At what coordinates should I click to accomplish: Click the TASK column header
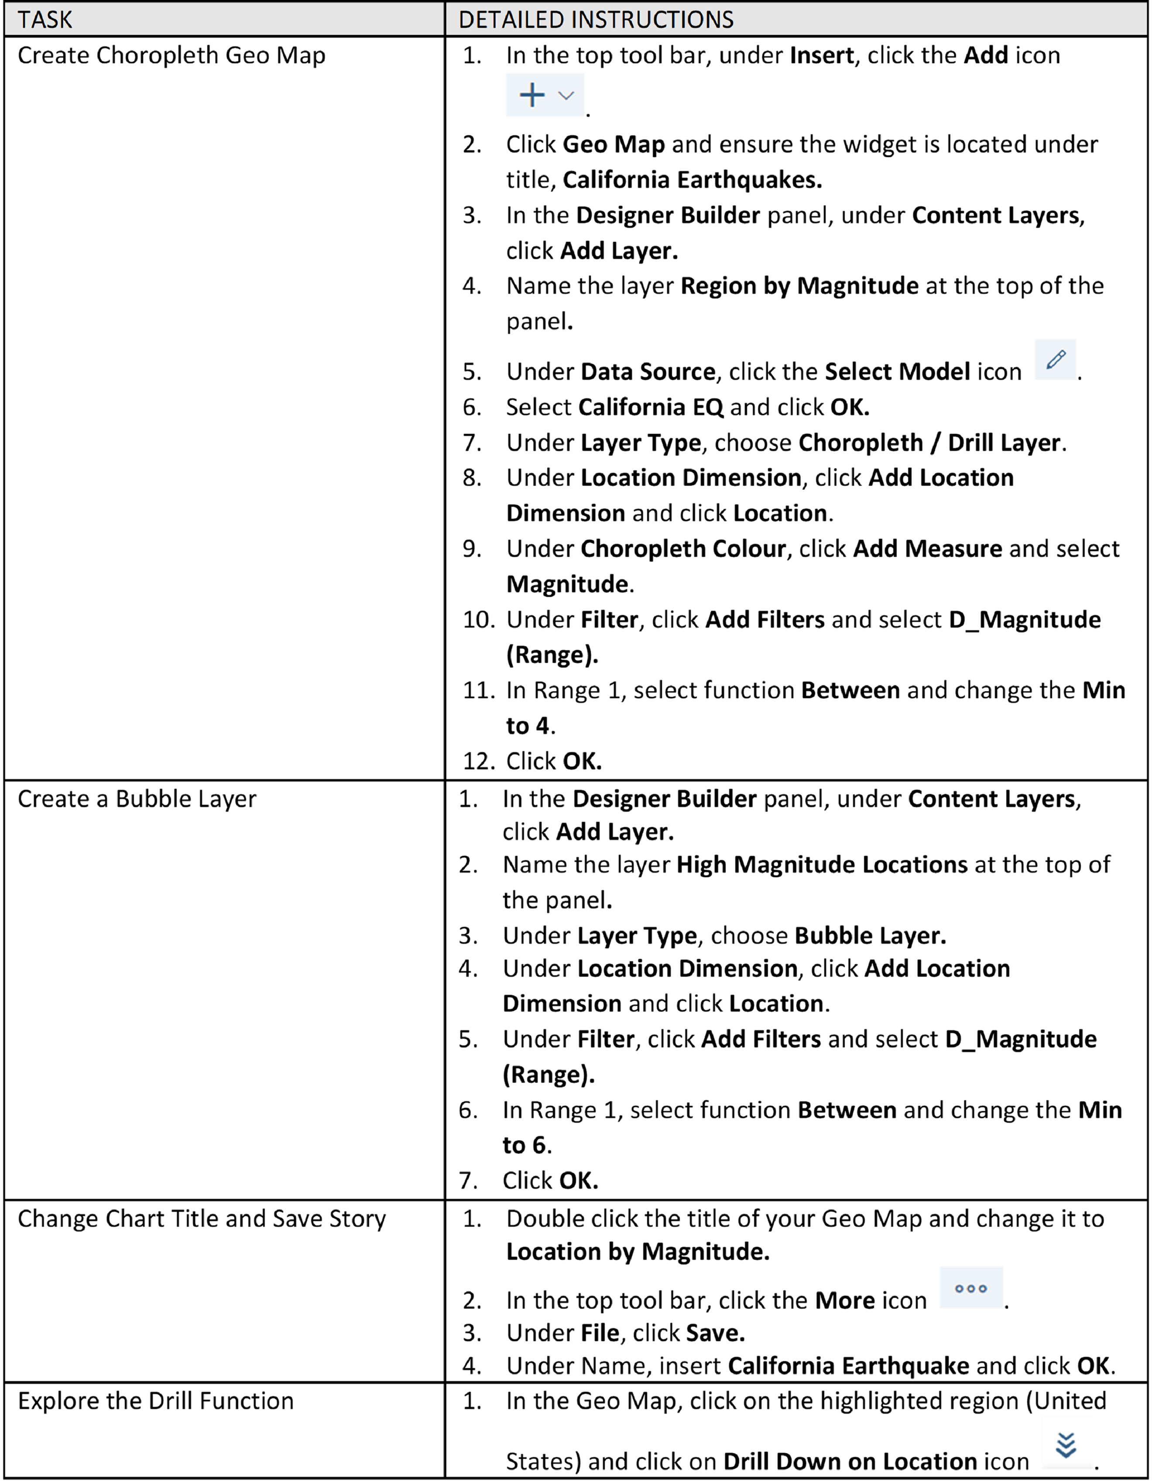coord(45,20)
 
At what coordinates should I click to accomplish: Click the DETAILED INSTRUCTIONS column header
coord(596,20)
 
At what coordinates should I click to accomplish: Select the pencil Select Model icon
coord(1055,360)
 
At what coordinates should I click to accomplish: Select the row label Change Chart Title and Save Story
coord(202,1219)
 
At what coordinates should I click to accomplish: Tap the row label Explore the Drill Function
coord(155,1400)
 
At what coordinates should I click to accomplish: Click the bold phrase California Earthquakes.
coord(692,180)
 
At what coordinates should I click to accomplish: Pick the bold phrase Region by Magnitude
coord(799,286)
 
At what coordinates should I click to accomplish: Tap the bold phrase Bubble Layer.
coord(870,936)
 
